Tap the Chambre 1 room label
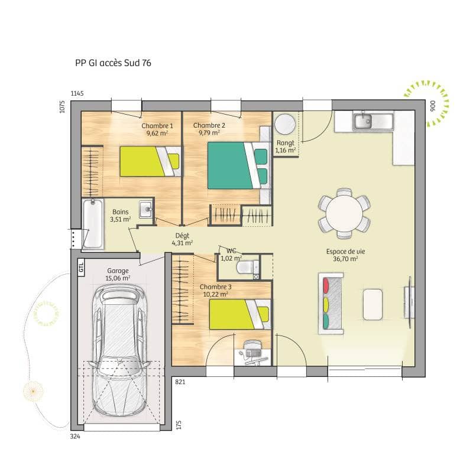157,126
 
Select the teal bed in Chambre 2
234,165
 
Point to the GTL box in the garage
81,267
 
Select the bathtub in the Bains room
93,225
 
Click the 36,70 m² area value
345,259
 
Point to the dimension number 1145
78,94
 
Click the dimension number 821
180,382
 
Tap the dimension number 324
75,437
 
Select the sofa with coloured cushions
331,303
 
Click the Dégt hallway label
182,235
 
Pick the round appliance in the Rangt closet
285,125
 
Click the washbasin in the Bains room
145,208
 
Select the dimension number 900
432,106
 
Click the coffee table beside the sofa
373,304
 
